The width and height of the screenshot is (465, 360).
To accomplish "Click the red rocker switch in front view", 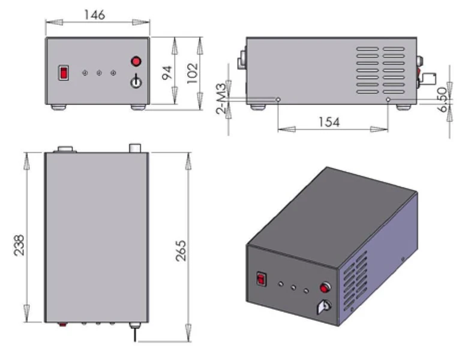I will click(x=62, y=73).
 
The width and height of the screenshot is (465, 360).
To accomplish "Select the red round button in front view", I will click(x=137, y=61).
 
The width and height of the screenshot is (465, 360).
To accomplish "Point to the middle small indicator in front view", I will click(x=99, y=73).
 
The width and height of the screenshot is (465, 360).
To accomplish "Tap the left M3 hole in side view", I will click(x=278, y=99).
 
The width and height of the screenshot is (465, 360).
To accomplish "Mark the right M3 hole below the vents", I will click(x=388, y=99).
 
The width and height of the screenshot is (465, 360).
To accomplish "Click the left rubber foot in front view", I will click(x=58, y=107).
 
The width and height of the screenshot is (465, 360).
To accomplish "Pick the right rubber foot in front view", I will click(x=139, y=107).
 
